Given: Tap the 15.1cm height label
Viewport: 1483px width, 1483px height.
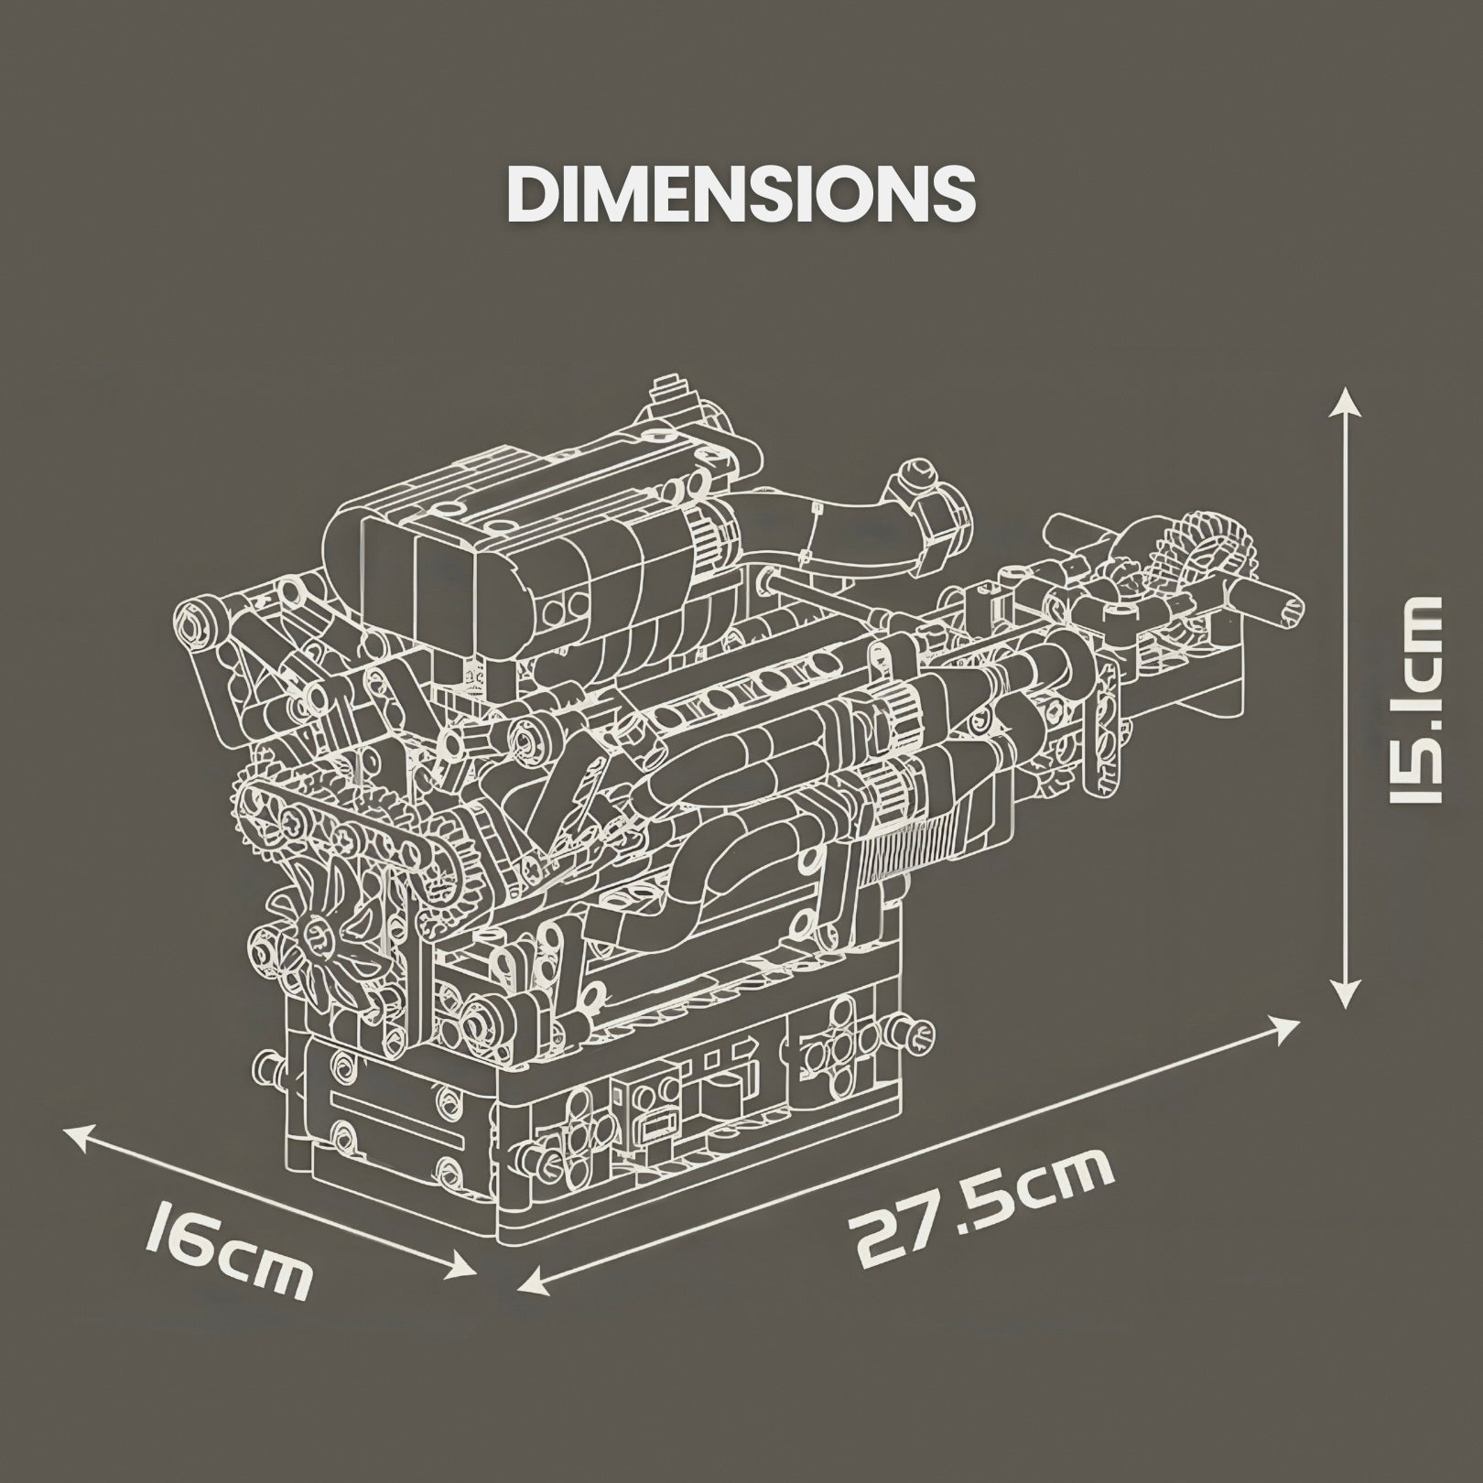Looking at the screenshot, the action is (x=1413, y=698).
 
